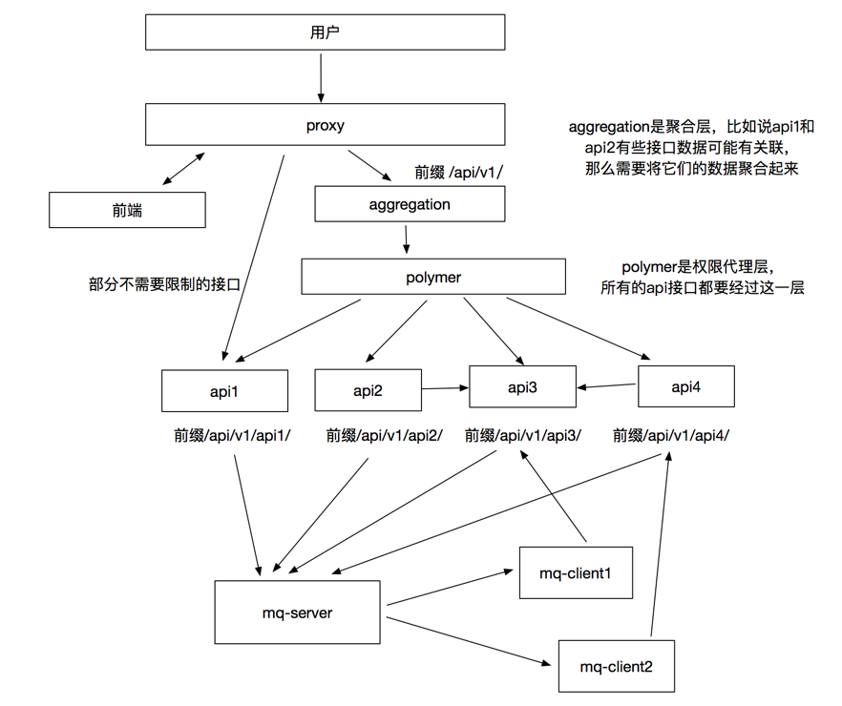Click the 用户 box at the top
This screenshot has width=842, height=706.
[325, 32]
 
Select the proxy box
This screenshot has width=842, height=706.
[325, 126]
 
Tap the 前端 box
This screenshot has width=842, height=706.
[127, 210]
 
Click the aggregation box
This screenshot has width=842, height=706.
[410, 204]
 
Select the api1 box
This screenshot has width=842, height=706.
[224, 390]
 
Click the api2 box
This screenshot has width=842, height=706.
[368, 390]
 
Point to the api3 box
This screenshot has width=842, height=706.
[521, 387]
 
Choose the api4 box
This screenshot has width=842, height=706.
[685, 386]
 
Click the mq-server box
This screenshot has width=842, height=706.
[300, 613]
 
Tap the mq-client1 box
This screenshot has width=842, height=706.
[576, 572]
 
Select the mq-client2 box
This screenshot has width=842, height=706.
[617, 666]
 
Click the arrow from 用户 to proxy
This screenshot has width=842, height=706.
[321, 77]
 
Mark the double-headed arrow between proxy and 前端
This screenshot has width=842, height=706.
[182, 167]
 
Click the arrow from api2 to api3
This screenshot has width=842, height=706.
[444, 387]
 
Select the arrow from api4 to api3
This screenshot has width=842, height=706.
[607, 386]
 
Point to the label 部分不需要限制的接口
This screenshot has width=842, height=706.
[163, 283]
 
